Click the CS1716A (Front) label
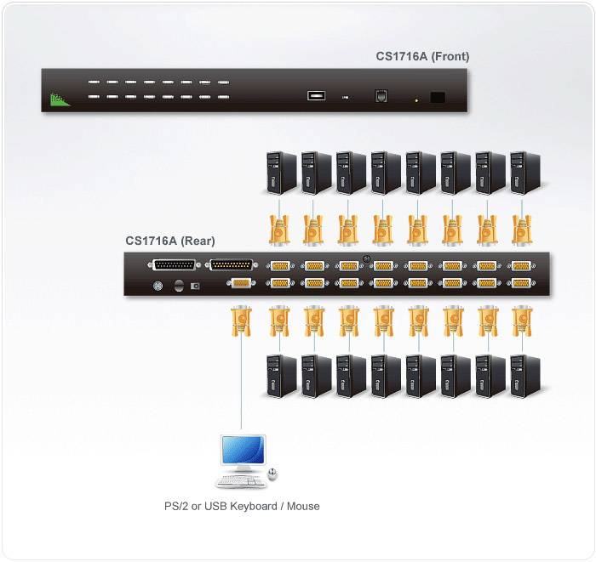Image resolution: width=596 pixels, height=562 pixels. click(x=422, y=57)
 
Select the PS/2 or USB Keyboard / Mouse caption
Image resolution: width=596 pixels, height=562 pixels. click(x=242, y=507)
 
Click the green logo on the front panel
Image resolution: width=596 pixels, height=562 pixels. click(x=59, y=99)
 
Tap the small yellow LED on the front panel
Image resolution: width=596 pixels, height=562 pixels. click(x=415, y=101)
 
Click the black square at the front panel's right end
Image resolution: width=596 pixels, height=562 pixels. click(x=438, y=97)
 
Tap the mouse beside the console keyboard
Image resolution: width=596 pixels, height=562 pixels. click(x=272, y=474)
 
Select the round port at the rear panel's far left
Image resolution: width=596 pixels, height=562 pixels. click(x=157, y=287)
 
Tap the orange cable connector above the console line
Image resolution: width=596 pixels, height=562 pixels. click(x=241, y=324)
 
